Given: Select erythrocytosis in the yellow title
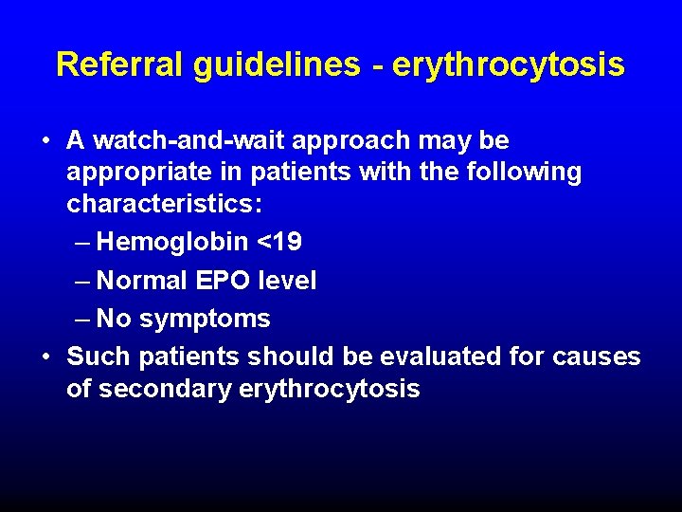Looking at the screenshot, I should pos(508,64).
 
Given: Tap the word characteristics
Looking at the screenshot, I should pos(163,205).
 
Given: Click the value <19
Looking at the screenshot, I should pos(280,243).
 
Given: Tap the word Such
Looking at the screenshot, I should pos(99,357).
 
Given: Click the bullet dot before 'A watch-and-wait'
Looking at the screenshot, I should pos(45,142).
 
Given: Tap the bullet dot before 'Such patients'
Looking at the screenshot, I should pos(45,357).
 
